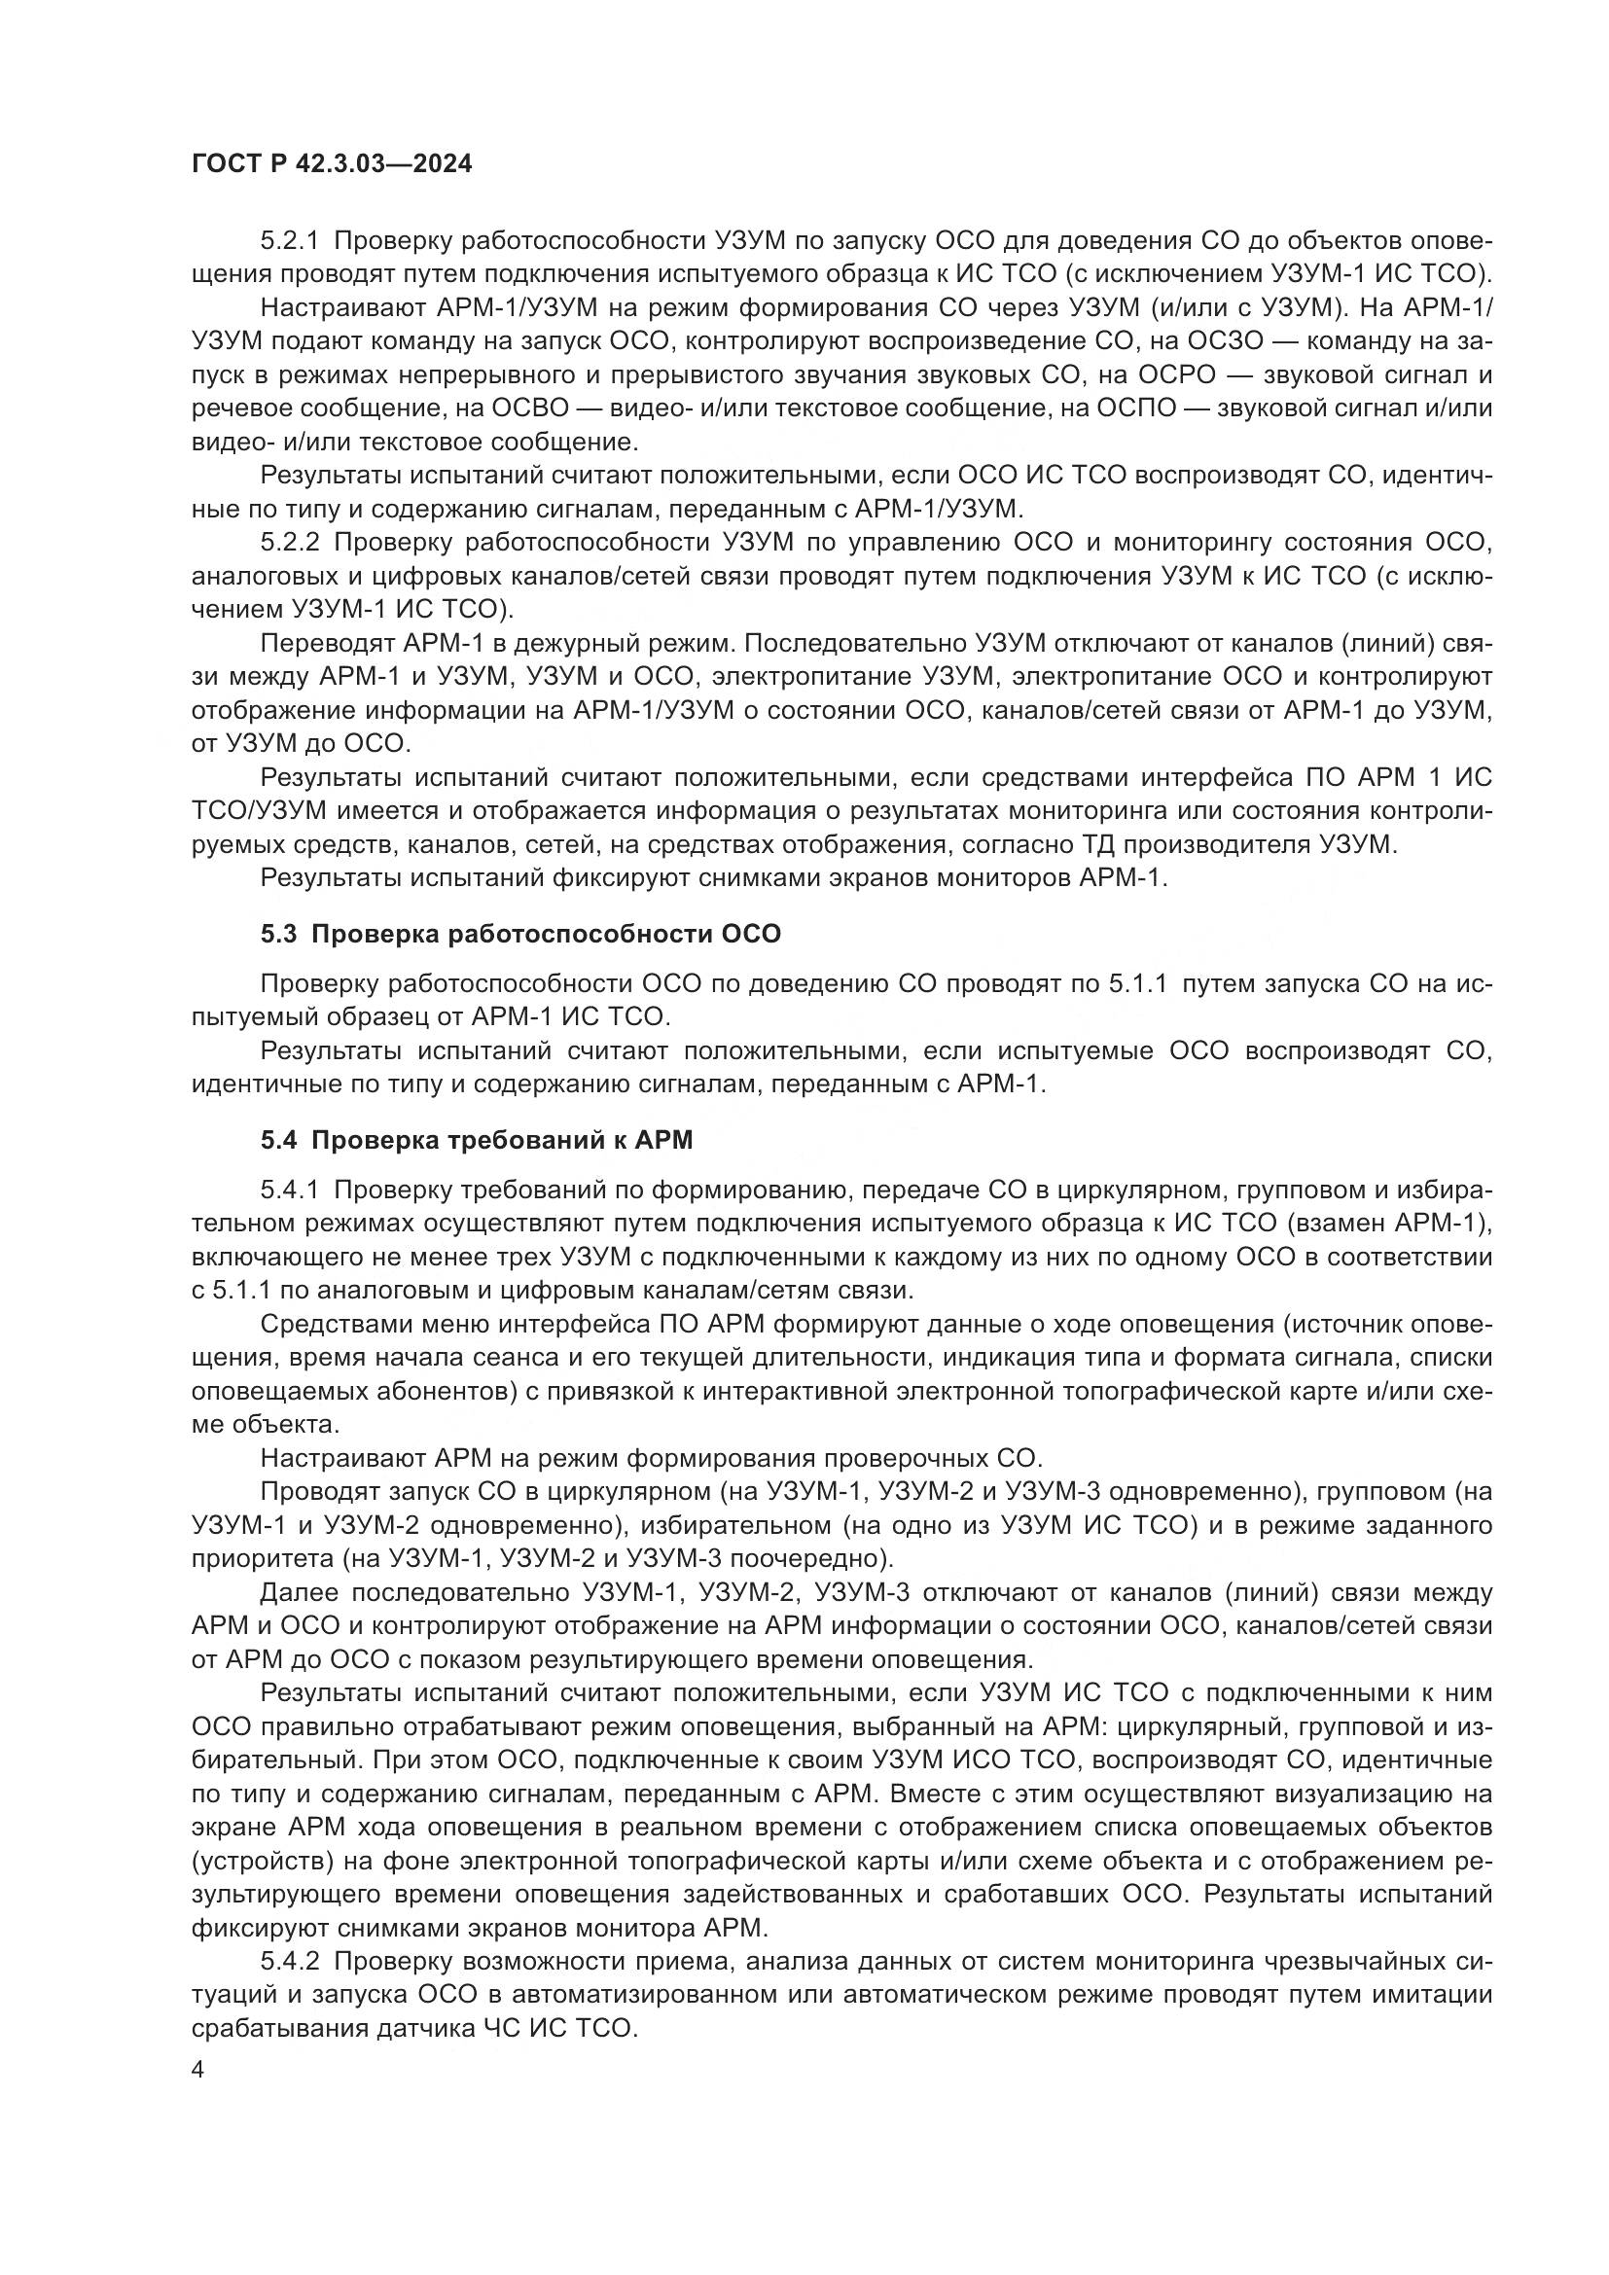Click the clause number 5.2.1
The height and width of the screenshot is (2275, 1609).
pyautogui.click(x=289, y=241)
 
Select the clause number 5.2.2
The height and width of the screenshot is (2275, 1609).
pyautogui.click(x=289, y=542)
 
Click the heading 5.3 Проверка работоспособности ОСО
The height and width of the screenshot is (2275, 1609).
pyautogui.click(x=521, y=934)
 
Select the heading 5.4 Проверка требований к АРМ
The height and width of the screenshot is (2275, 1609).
pyautogui.click(x=477, y=1140)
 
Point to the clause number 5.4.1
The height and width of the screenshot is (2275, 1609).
pyautogui.click(x=289, y=1189)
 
